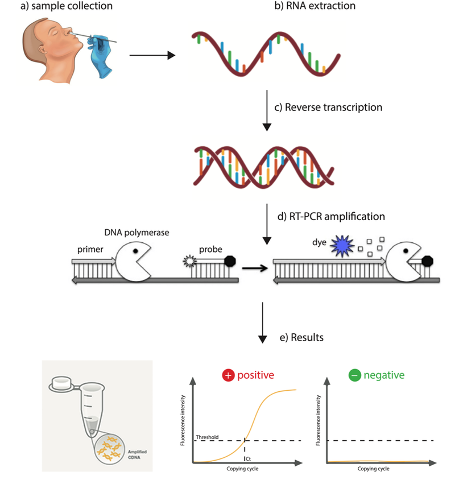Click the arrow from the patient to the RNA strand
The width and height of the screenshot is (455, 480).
click(151, 55)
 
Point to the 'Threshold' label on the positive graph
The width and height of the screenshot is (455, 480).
click(207, 437)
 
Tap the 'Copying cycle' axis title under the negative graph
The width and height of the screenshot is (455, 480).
click(373, 469)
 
